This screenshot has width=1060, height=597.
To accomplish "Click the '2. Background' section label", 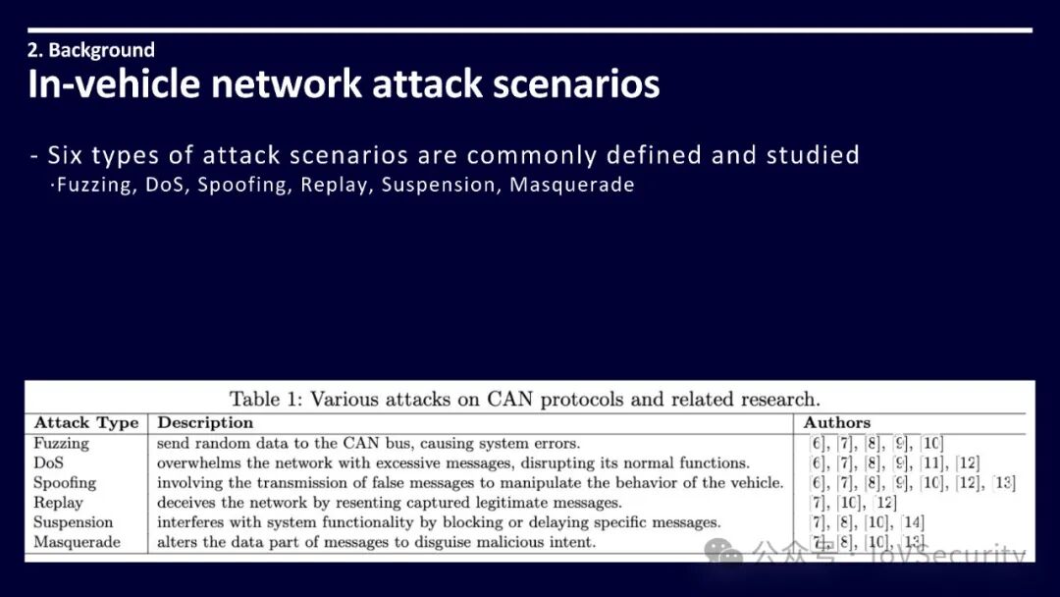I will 91,50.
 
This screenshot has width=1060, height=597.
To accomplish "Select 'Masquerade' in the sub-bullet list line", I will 571,185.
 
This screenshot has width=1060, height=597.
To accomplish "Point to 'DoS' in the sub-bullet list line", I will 166,185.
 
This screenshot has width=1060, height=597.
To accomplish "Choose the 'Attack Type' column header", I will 86,423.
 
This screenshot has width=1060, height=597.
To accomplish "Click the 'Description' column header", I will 205,423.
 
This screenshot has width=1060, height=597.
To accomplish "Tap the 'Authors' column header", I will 836,423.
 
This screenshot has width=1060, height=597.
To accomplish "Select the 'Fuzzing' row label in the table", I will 61,443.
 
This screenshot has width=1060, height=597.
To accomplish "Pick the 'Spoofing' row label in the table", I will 65,482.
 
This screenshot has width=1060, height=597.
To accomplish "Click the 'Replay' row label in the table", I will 58,502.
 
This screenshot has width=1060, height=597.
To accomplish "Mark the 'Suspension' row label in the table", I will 73,521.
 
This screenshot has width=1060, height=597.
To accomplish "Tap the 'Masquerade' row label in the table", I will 77,541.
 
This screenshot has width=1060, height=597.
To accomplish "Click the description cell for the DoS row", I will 452,462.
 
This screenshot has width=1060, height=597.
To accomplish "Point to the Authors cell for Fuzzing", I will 863,443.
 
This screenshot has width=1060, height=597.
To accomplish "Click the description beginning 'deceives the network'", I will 389,502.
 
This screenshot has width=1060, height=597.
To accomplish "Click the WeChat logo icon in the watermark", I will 724,554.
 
